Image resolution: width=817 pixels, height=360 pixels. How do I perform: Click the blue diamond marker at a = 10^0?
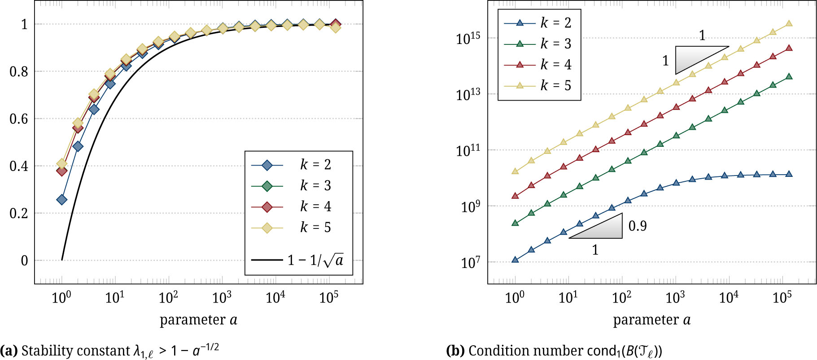pyautogui.click(x=62, y=200)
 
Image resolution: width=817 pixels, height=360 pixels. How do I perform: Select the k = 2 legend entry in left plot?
pyautogui.click(x=292, y=165)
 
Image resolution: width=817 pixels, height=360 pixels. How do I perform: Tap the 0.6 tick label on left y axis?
pyautogui.click(x=18, y=119)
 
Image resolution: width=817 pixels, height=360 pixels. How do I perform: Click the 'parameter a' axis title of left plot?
pyautogui.click(x=198, y=320)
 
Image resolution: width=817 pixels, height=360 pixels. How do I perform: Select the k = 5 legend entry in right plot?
pyautogui.click(x=538, y=85)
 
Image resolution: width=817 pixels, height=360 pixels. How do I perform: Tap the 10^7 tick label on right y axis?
pyautogui.click(x=470, y=263)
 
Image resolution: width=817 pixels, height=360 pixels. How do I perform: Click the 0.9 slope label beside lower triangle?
pyautogui.click(x=637, y=226)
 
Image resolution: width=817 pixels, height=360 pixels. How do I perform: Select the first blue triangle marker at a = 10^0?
pyautogui.click(x=515, y=259)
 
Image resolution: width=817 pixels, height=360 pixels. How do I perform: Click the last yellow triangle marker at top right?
pyautogui.click(x=789, y=24)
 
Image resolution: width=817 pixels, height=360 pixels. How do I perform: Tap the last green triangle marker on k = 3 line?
pyautogui.click(x=789, y=77)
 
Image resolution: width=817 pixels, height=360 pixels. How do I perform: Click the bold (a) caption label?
pyautogui.click(x=9, y=351)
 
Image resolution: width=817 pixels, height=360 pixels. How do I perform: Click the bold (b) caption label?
pyautogui.click(x=456, y=351)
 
